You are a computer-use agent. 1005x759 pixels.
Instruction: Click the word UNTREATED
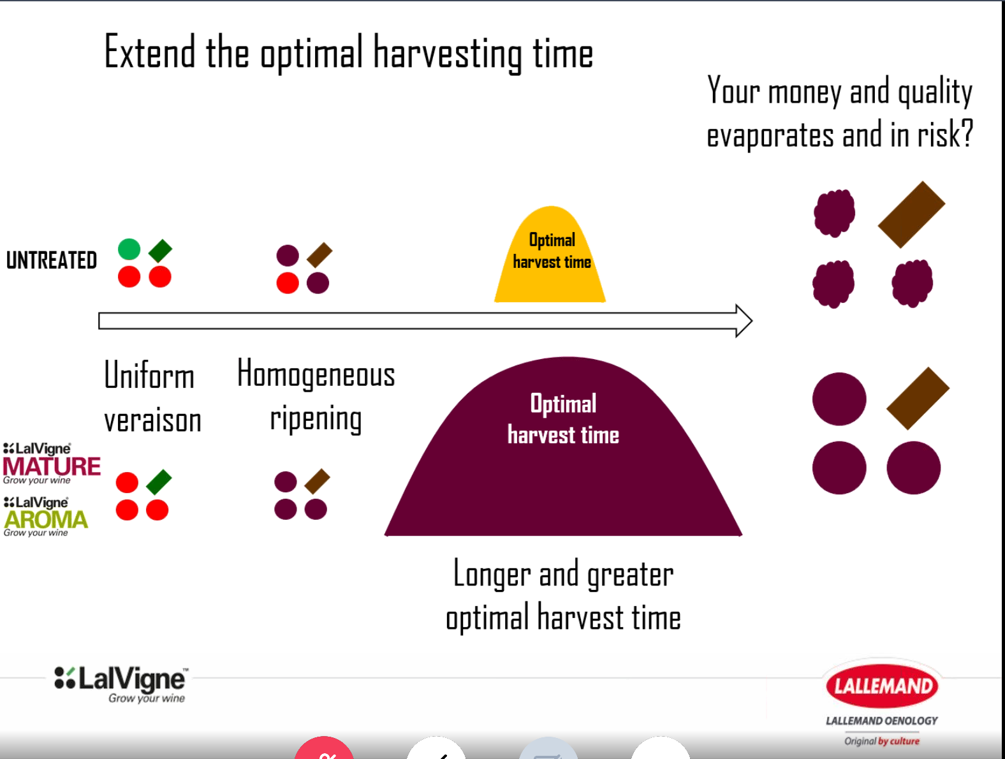click(x=52, y=260)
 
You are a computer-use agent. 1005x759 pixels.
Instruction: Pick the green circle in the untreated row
click(x=129, y=249)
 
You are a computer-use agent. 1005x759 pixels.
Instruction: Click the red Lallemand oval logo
click(x=883, y=686)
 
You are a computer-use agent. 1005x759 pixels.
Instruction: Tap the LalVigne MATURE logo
click(x=51, y=463)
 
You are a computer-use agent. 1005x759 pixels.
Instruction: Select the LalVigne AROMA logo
click(x=45, y=517)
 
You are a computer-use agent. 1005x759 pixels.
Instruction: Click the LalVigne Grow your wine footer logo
click(x=121, y=684)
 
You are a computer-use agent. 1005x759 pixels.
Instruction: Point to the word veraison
click(x=152, y=420)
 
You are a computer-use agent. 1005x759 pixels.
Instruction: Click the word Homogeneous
click(x=316, y=373)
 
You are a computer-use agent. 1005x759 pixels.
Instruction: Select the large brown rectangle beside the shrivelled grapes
click(x=912, y=215)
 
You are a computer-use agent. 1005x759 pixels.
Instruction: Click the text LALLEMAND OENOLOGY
click(x=882, y=721)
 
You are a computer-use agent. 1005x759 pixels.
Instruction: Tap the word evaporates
click(x=770, y=135)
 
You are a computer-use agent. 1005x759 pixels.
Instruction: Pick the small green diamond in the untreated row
click(x=160, y=251)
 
